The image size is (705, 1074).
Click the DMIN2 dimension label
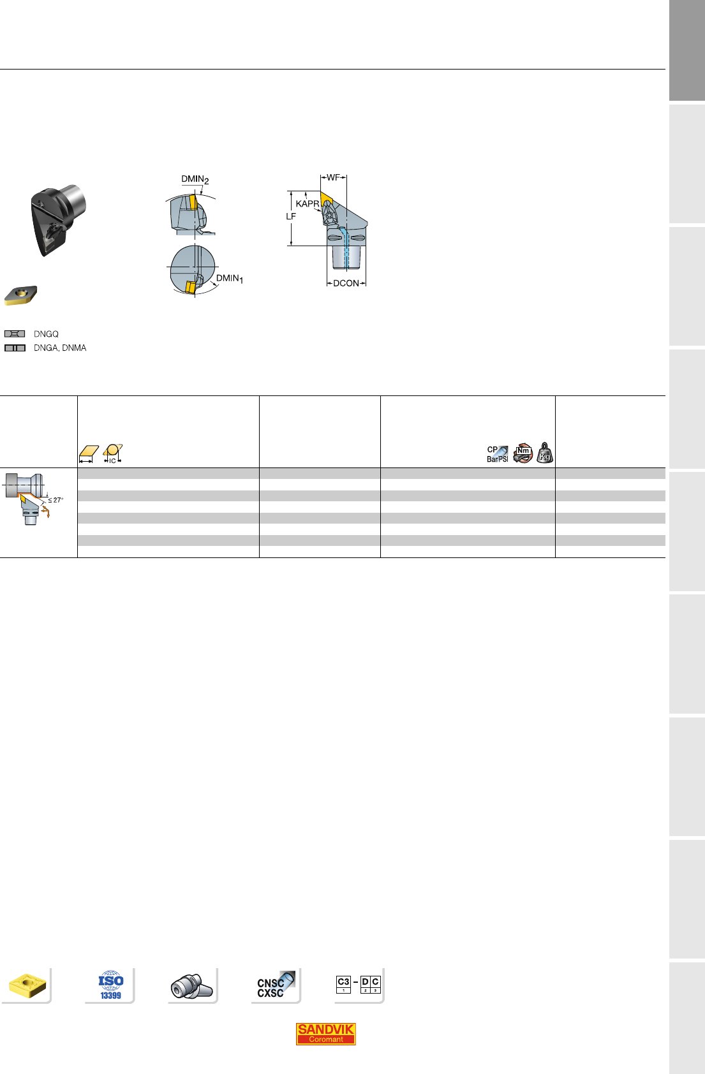pyautogui.click(x=195, y=179)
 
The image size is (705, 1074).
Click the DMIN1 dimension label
pyautogui.click(x=230, y=279)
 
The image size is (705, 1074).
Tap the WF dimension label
pyautogui.click(x=333, y=177)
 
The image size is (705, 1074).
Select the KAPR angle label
pyautogui.click(x=308, y=204)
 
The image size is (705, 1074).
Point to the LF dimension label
pyautogui.click(x=291, y=216)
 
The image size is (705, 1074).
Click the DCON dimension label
pyautogui.click(x=346, y=283)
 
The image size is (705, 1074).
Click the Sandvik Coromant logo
pyautogui.click(x=326, y=1034)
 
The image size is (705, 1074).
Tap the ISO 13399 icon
pyautogui.click(x=111, y=985)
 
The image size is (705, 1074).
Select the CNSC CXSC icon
pyautogui.click(x=275, y=985)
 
